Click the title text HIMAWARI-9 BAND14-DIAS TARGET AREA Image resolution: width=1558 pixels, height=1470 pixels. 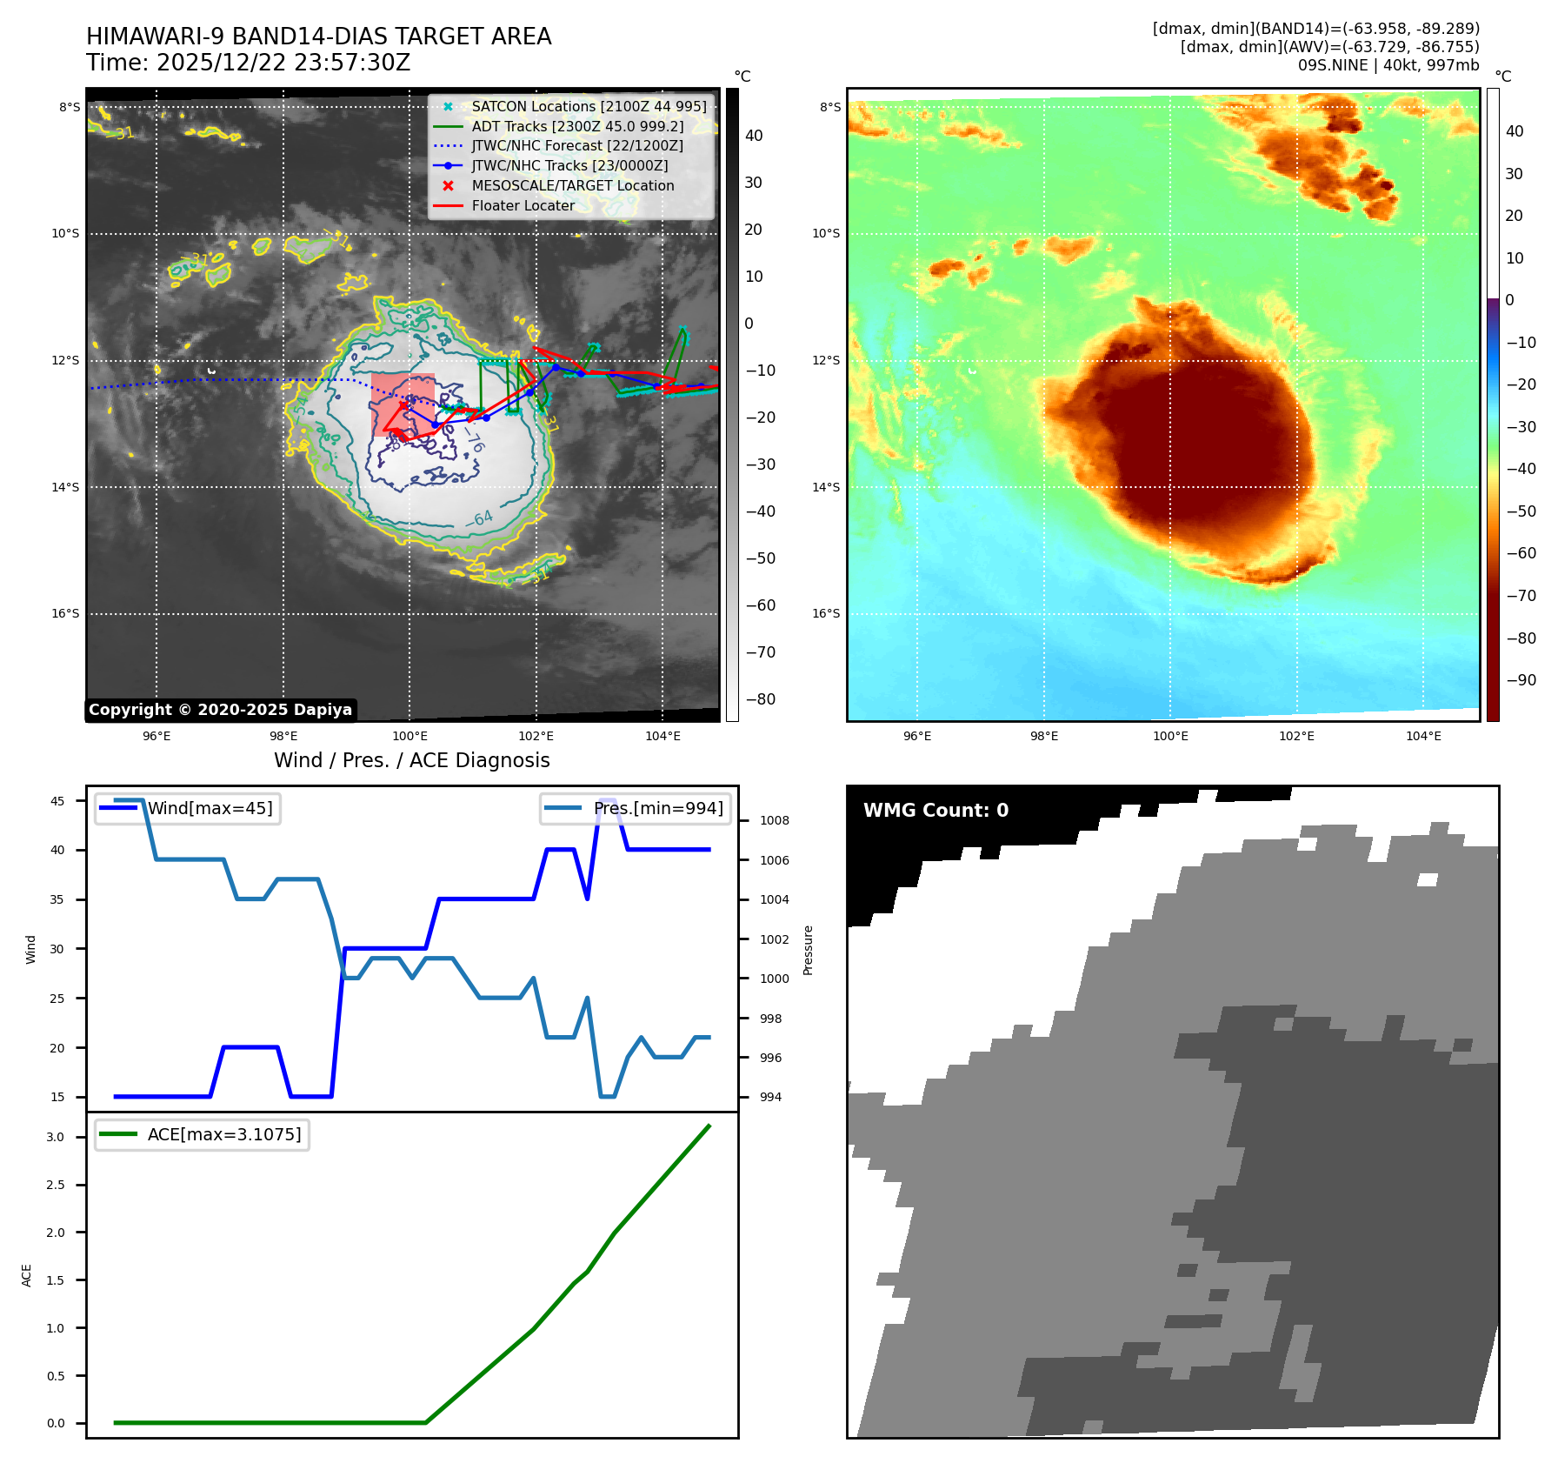point(318,37)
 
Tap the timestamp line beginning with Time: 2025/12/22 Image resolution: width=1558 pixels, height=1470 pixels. point(248,63)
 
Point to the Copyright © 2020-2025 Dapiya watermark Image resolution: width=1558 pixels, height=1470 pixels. point(220,710)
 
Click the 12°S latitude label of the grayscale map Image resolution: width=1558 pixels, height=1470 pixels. point(65,360)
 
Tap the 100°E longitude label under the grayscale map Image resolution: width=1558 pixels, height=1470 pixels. point(409,736)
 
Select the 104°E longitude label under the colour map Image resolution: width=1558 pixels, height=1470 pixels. point(1423,736)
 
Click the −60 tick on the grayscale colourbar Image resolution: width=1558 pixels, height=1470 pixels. point(761,605)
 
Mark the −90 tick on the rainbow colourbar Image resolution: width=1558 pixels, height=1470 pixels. point(1521,680)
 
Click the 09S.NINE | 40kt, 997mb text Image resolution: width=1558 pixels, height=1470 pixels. point(1388,65)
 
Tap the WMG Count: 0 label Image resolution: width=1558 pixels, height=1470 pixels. point(935,811)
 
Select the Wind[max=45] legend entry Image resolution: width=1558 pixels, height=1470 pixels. point(210,808)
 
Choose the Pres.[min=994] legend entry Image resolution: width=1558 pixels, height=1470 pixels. point(657,808)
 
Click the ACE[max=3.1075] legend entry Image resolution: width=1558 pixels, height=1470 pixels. point(223,1134)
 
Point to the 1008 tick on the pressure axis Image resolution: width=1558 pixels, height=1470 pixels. point(774,820)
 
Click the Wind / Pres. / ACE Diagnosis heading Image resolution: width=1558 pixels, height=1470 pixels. point(411,760)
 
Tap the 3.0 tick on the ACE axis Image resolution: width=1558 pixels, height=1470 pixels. point(56,1137)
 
